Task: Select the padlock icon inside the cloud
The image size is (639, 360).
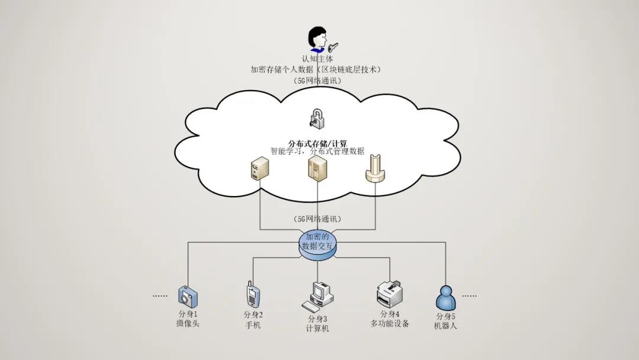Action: (x=317, y=117)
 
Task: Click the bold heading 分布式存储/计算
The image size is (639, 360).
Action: (x=317, y=143)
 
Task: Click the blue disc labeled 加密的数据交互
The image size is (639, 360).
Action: (x=317, y=245)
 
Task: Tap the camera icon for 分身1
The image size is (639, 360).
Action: (x=188, y=295)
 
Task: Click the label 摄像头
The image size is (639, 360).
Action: (x=188, y=324)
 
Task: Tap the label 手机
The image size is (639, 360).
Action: (x=253, y=325)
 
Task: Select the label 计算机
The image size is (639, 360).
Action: (x=317, y=329)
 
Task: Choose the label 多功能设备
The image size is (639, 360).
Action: (x=390, y=323)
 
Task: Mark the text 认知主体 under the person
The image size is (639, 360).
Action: (x=317, y=59)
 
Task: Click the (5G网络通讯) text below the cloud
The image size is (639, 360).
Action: (x=317, y=219)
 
